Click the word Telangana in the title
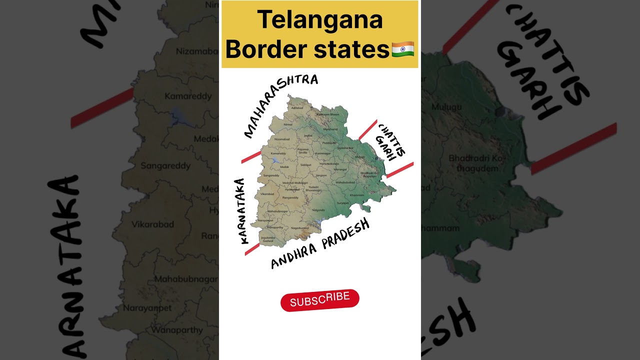click(x=320, y=20)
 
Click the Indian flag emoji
click(x=402, y=49)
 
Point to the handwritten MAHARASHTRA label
click(x=280, y=105)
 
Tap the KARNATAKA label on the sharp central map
click(x=241, y=211)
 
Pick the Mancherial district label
click(x=330, y=129)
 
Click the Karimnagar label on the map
click(x=322, y=153)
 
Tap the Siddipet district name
click(x=305, y=164)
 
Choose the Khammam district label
click(x=356, y=194)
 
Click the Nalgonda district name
click(x=318, y=210)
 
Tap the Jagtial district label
click(x=308, y=135)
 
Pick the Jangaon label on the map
click(x=321, y=175)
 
